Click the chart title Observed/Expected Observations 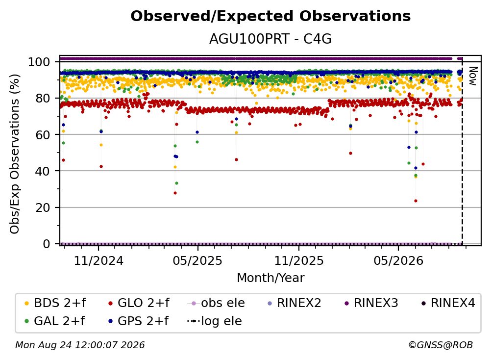[x=270, y=16]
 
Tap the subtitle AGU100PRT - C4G [x=270, y=39]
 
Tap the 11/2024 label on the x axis [x=98, y=260]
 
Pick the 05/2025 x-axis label [x=197, y=260]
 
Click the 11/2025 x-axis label [x=299, y=260]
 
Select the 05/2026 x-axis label [x=398, y=260]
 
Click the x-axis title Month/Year [x=270, y=278]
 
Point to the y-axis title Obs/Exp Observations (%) [x=15, y=154]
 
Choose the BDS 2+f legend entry [x=55, y=303]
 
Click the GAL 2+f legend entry [x=55, y=321]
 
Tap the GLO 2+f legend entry [x=139, y=303]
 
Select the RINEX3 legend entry [x=371, y=303]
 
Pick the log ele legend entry [x=215, y=321]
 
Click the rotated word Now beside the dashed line [x=473, y=76]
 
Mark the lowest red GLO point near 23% [x=416, y=201]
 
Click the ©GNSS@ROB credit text [x=441, y=345]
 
